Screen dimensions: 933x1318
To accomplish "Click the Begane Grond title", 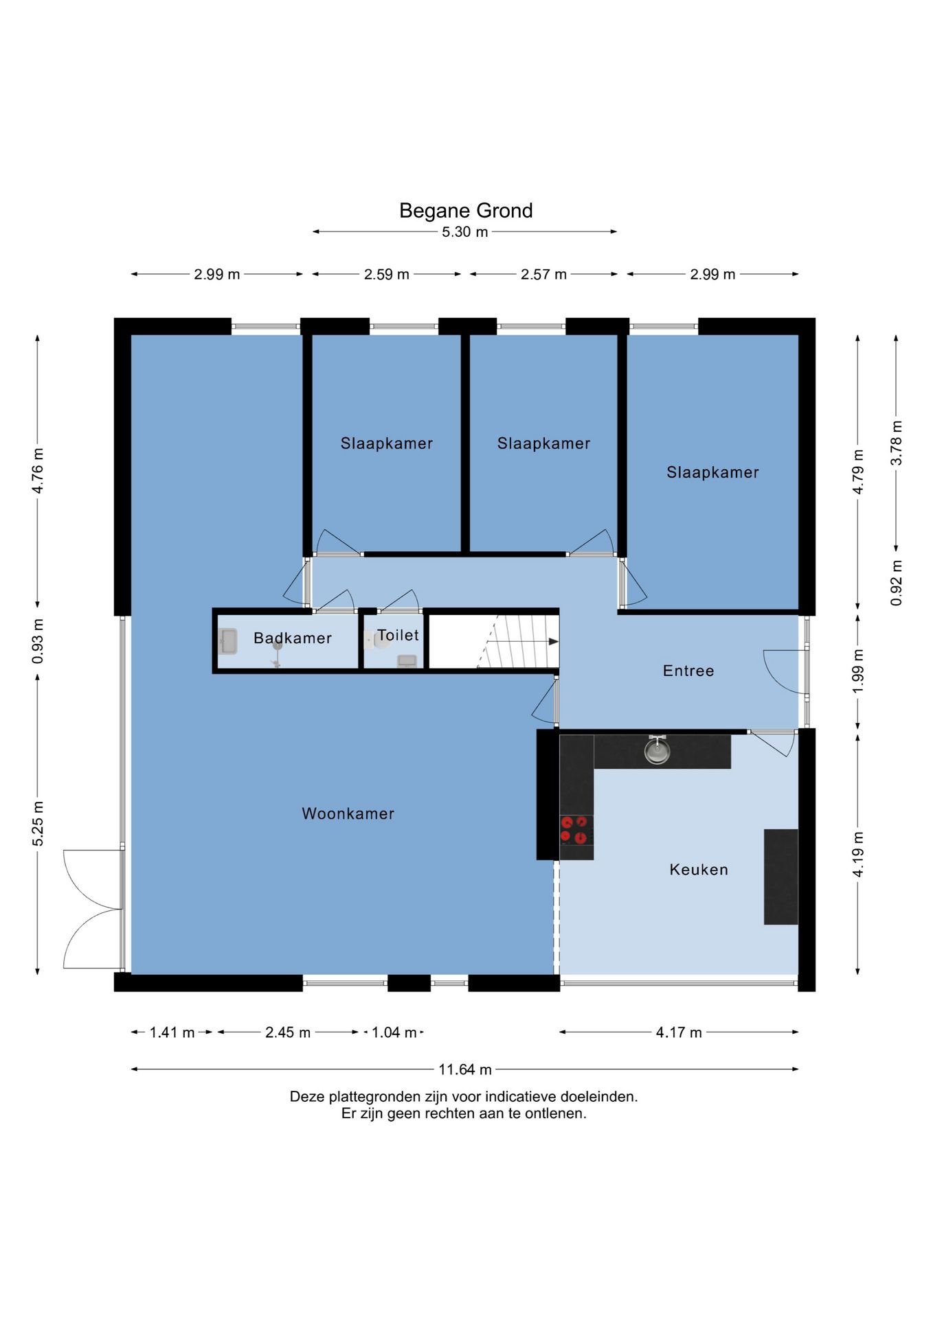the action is coord(466,210).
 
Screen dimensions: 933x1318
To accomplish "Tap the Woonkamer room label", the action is coord(348,813).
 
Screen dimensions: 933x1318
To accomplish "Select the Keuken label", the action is coord(699,870).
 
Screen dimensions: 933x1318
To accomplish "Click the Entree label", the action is coord(688,671).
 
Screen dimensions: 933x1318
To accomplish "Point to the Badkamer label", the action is coord(293,638).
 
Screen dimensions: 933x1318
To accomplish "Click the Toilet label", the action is coord(398,635).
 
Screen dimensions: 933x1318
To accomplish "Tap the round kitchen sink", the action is coord(657,750).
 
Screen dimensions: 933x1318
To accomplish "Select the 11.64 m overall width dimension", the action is coord(465,1070).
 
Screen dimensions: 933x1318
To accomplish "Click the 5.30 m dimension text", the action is coord(465,232).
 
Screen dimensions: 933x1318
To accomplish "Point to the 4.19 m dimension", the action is coord(858,854).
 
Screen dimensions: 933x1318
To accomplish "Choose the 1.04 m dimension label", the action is coord(394,1032).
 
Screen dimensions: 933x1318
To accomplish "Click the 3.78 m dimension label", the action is coord(897,443).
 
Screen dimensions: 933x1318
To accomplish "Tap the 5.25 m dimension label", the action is coord(38,823).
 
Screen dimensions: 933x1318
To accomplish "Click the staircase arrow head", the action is coord(554,641).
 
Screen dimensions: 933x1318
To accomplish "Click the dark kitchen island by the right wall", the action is coord(781,877).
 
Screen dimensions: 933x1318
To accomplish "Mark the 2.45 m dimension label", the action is coord(288,1032).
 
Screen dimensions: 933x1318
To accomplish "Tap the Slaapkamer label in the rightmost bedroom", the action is coord(713,472).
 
